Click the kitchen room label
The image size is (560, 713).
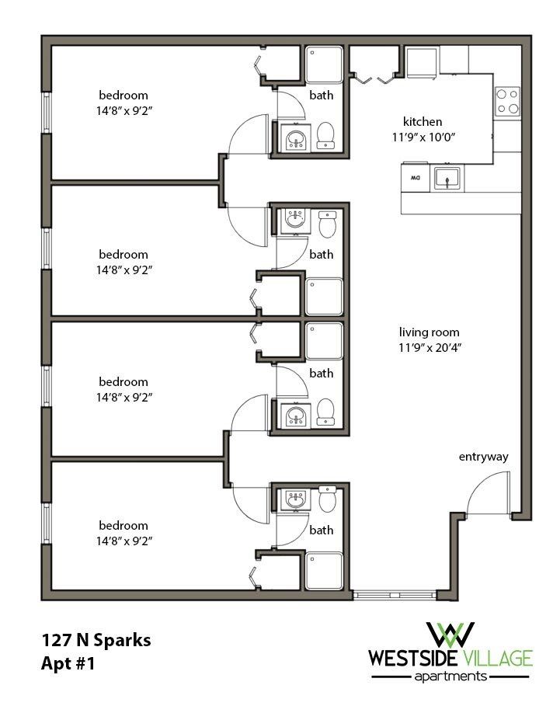coord(423,122)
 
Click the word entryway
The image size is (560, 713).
coord(483,457)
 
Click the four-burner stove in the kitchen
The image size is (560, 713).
coord(508,99)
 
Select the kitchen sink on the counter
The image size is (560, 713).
coord(448,178)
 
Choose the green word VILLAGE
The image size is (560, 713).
coord(501,659)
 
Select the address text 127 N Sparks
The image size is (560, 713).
coord(96,641)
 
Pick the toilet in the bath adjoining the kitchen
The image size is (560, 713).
coord(326,135)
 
